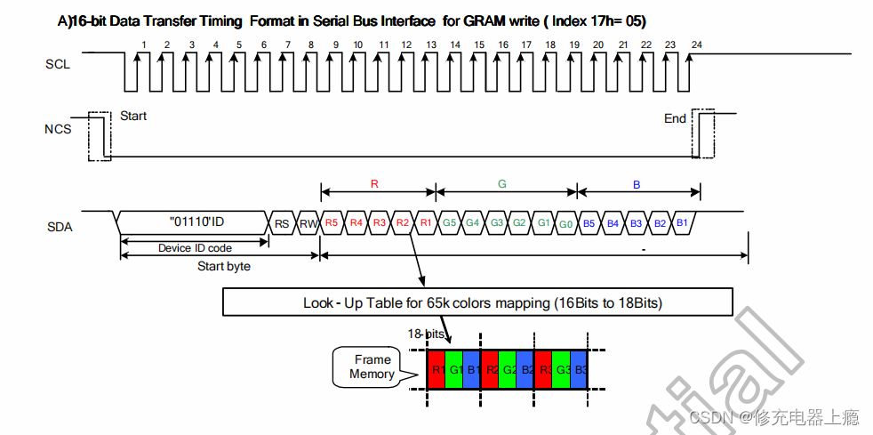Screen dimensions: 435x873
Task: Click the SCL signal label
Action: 58,64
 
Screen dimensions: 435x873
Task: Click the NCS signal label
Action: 58,130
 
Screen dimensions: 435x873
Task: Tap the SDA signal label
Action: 60,227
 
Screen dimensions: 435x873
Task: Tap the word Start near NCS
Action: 133,116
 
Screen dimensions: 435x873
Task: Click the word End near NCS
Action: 676,118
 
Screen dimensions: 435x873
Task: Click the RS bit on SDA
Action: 282,223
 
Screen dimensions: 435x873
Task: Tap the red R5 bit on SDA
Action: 332,222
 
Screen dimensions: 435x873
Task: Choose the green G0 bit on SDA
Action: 566,222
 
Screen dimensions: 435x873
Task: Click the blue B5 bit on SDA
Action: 589,222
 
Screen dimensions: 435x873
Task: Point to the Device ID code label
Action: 195,248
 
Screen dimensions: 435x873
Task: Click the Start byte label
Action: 223,266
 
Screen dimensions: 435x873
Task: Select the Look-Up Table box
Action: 483,303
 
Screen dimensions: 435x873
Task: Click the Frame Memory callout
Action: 372,367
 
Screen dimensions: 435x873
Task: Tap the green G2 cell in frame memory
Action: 509,368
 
